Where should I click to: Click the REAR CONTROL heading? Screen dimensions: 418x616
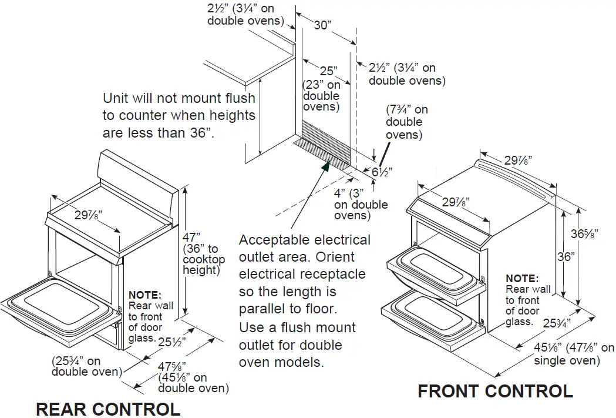click(x=107, y=409)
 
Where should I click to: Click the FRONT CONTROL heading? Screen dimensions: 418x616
click(x=495, y=391)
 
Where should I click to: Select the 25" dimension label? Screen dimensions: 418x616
click(x=328, y=71)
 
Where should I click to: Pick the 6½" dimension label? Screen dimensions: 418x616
click(x=382, y=172)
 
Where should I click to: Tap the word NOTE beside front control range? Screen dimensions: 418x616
click(x=521, y=278)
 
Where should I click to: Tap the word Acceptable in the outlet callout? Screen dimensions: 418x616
click(x=275, y=240)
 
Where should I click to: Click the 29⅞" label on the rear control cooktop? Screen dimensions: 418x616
click(x=88, y=215)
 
